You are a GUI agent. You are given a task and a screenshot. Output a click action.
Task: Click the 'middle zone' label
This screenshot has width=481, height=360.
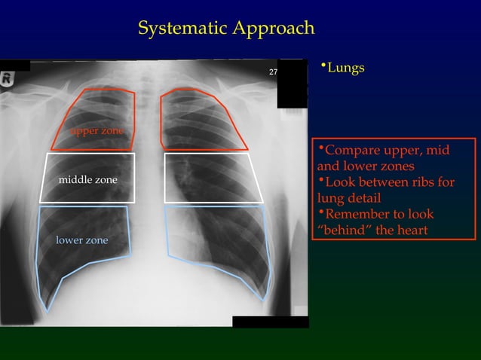pos(88,181)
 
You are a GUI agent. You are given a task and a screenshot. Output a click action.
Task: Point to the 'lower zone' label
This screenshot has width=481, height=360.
pos(82,240)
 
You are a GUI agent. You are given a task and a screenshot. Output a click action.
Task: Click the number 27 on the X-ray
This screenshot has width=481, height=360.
pos(273,72)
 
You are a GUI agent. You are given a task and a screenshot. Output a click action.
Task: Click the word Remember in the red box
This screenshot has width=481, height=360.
pos(361,214)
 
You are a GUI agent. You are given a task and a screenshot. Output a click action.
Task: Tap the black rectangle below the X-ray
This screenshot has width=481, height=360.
pos(270,322)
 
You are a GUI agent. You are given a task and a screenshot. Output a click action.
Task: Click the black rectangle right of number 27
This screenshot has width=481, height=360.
pos(293,83)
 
